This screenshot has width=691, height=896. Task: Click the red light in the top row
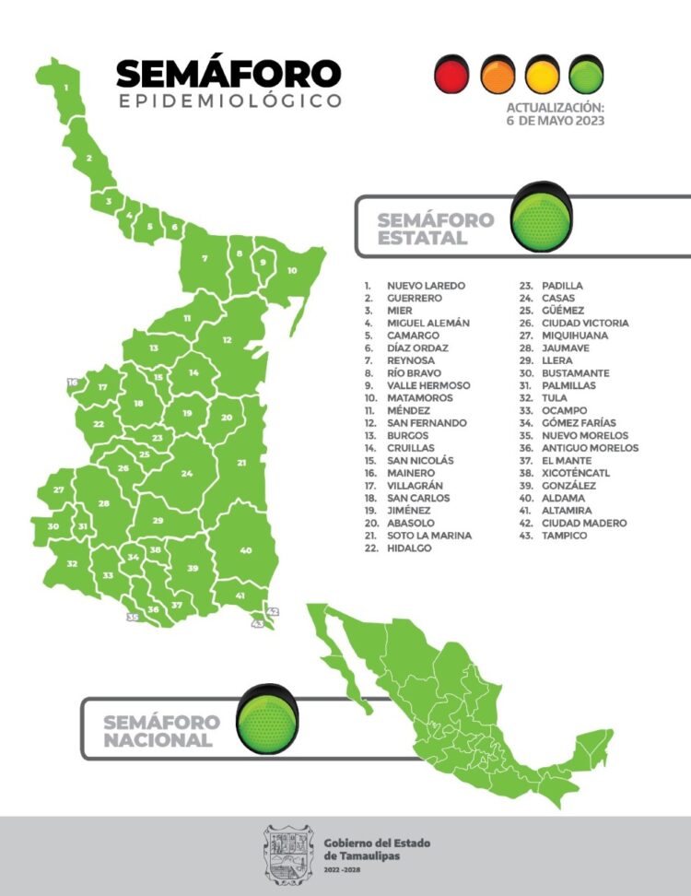click(451, 75)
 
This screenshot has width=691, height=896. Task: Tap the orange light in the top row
click(498, 75)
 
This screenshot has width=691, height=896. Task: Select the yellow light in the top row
click(542, 75)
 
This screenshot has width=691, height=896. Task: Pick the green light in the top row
click(586, 75)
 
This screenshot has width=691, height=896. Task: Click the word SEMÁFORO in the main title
click(228, 74)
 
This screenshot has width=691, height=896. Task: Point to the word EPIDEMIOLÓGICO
click(230, 100)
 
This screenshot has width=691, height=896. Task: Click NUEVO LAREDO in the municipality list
click(426, 286)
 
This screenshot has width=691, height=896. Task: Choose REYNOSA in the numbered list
click(410, 360)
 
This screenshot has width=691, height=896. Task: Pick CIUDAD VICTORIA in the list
click(585, 324)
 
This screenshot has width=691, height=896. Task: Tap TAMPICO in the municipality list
click(564, 535)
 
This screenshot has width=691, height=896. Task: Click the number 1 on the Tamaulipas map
click(66, 88)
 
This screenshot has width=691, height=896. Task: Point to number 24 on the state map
click(187, 474)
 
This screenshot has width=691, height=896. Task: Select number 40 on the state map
click(245, 550)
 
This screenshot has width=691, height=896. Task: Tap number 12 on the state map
click(227, 339)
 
